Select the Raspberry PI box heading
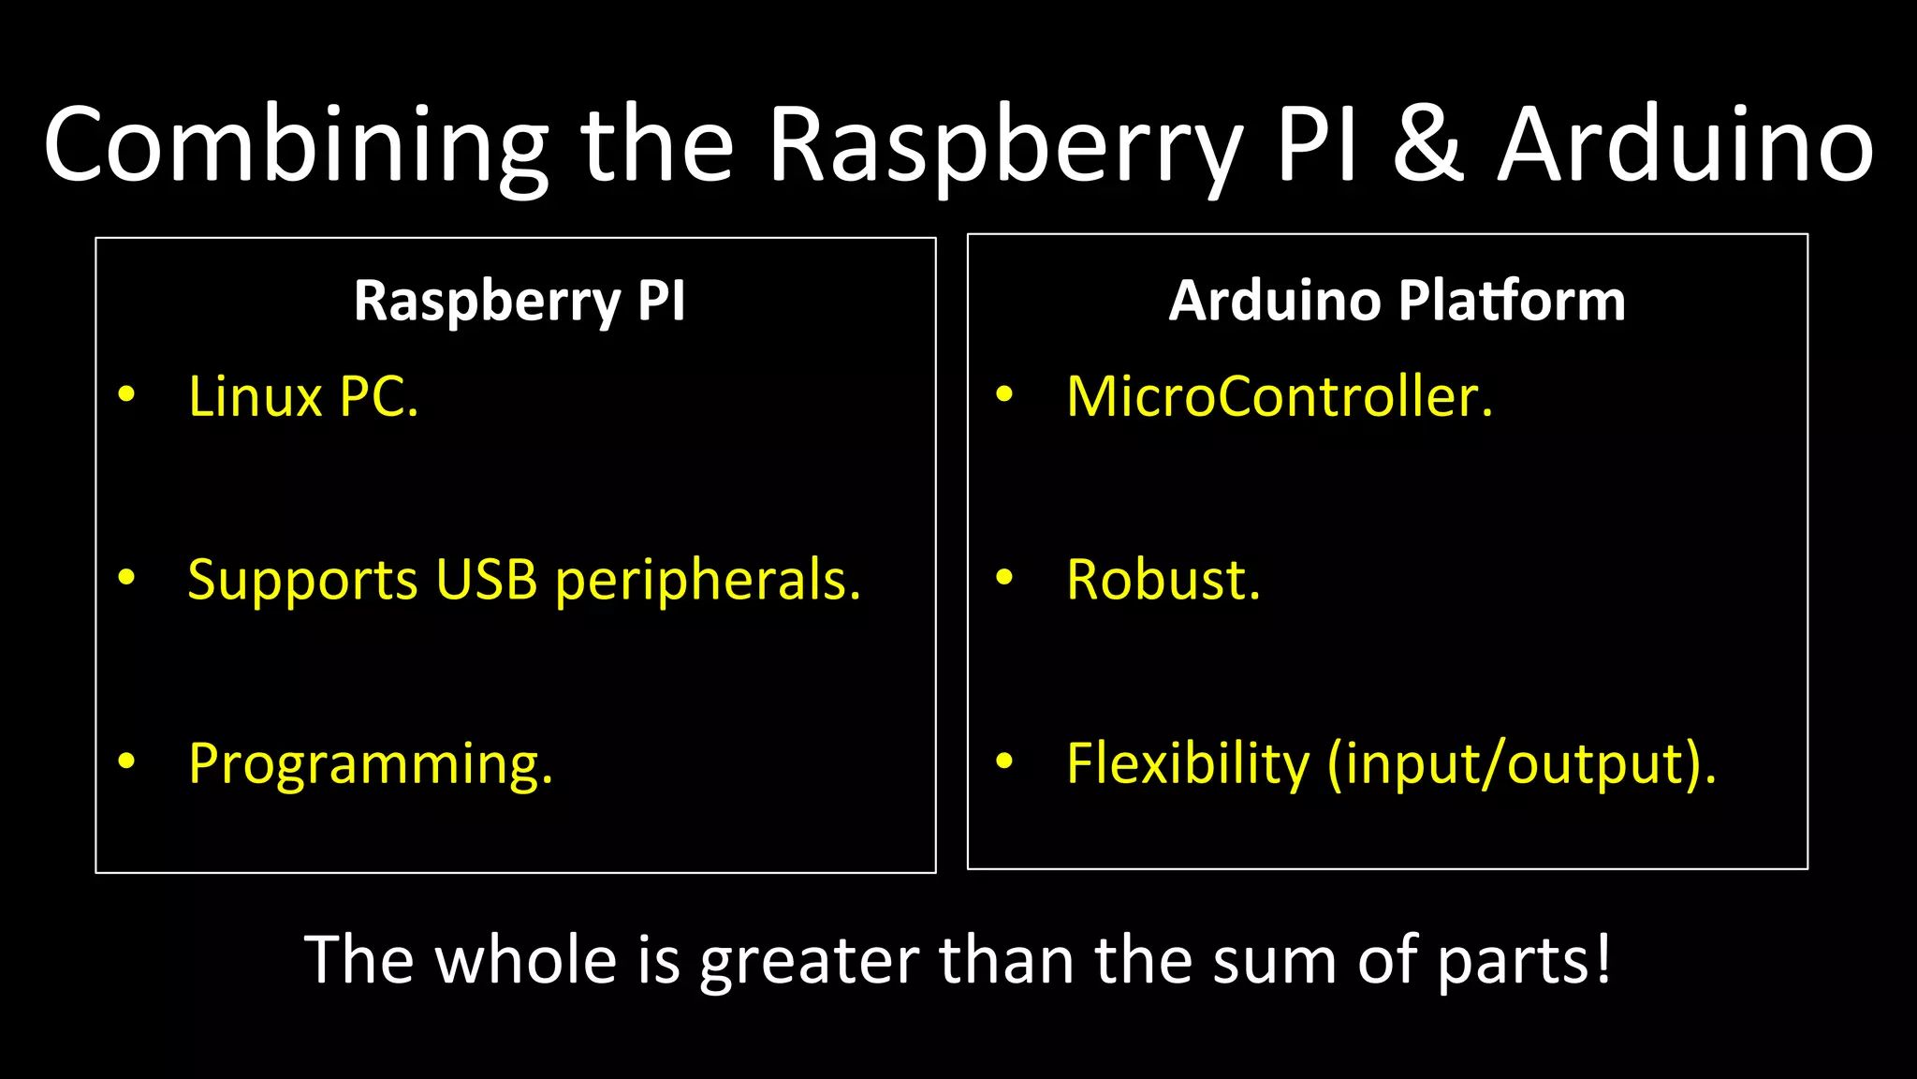(x=519, y=302)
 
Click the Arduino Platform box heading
(x=1397, y=302)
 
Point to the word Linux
(x=255, y=397)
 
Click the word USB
(x=486, y=580)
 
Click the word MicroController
(x=1279, y=397)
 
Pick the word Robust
(x=1163, y=580)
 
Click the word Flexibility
(x=1188, y=764)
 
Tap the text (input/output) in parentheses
(x=1522, y=764)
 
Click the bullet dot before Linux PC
(x=126, y=394)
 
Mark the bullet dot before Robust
(x=1004, y=578)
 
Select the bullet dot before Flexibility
(x=1004, y=761)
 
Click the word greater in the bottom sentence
(x=809, y=962)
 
